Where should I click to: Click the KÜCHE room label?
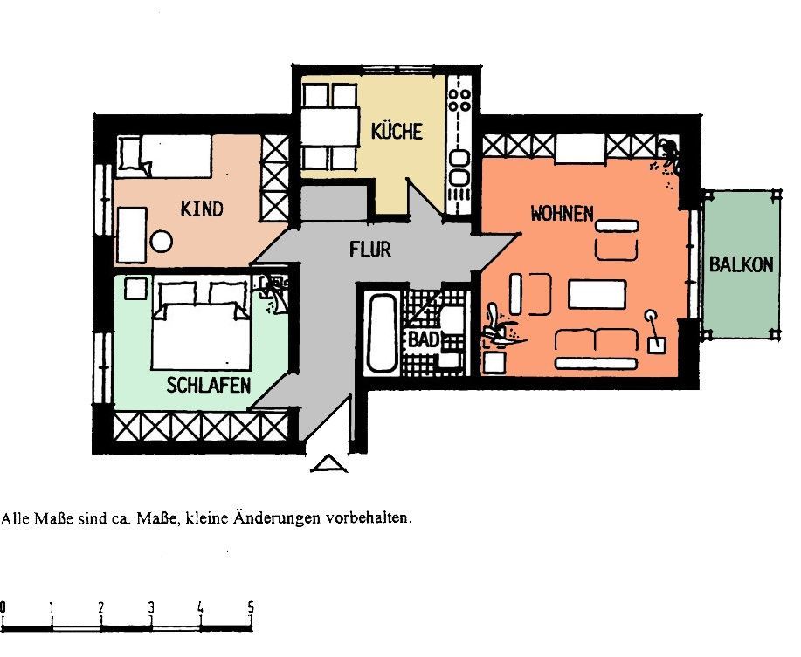pyautogui.click(x=397, y=131)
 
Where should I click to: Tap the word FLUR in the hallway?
pyautogui.click(x=370, y=249)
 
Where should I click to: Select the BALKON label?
pyautogui.click(x=742, y=264)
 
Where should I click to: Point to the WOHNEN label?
pyautogui.click(x=562, y=213)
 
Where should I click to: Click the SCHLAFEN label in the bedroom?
pyautogui.click(x=209, y=385)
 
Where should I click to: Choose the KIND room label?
pyautogui.click(x=202, y=209)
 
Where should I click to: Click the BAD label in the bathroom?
pyautogui.click(x=424, y=339)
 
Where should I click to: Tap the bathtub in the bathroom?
pyautogui.click(x=382, y=332)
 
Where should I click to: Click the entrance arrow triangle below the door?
pyautogui.click(x=329, y=463)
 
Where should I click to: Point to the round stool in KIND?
pyautogui.click(x=162, y=242)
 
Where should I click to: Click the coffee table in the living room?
pyautogui.click(x=597, y=294)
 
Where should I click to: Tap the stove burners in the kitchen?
pyautogui.click(x=459, y=100)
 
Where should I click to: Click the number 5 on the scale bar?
pyautogui.click(x=251, y=607)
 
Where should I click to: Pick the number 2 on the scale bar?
pyautogui.click(x=101, y=607)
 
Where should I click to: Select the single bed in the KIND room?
pyautogui.click(x=165, y=155)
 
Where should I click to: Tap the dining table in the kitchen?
pyautogui.click(x=329, y=127)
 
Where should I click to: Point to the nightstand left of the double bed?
pyautogui.click(x=136, y=288)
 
